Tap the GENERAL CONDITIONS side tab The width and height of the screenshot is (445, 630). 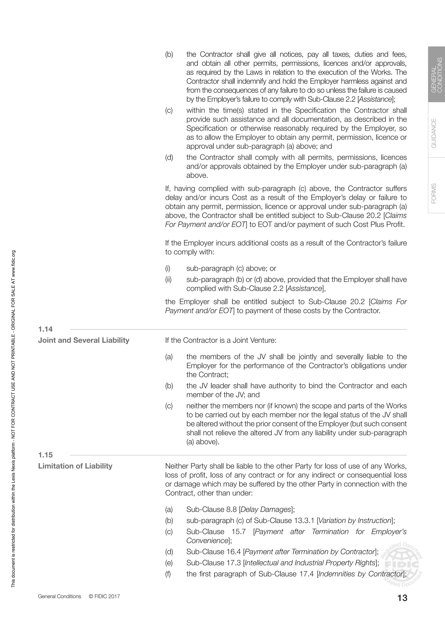[x=437, y=75]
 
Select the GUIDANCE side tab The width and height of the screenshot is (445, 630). [x=434, y=133]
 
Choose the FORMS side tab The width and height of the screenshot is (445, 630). [x=434, y=193]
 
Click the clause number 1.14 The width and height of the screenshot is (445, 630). [x=45, y=329]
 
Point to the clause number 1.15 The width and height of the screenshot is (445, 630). [x=45, y=455]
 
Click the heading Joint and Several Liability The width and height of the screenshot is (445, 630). [x=84, y=340]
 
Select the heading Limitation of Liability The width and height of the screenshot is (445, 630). [x=75, y=466]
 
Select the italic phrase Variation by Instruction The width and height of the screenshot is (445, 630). [x=355, y=521]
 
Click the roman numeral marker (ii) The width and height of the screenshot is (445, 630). [x=168, y=280]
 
